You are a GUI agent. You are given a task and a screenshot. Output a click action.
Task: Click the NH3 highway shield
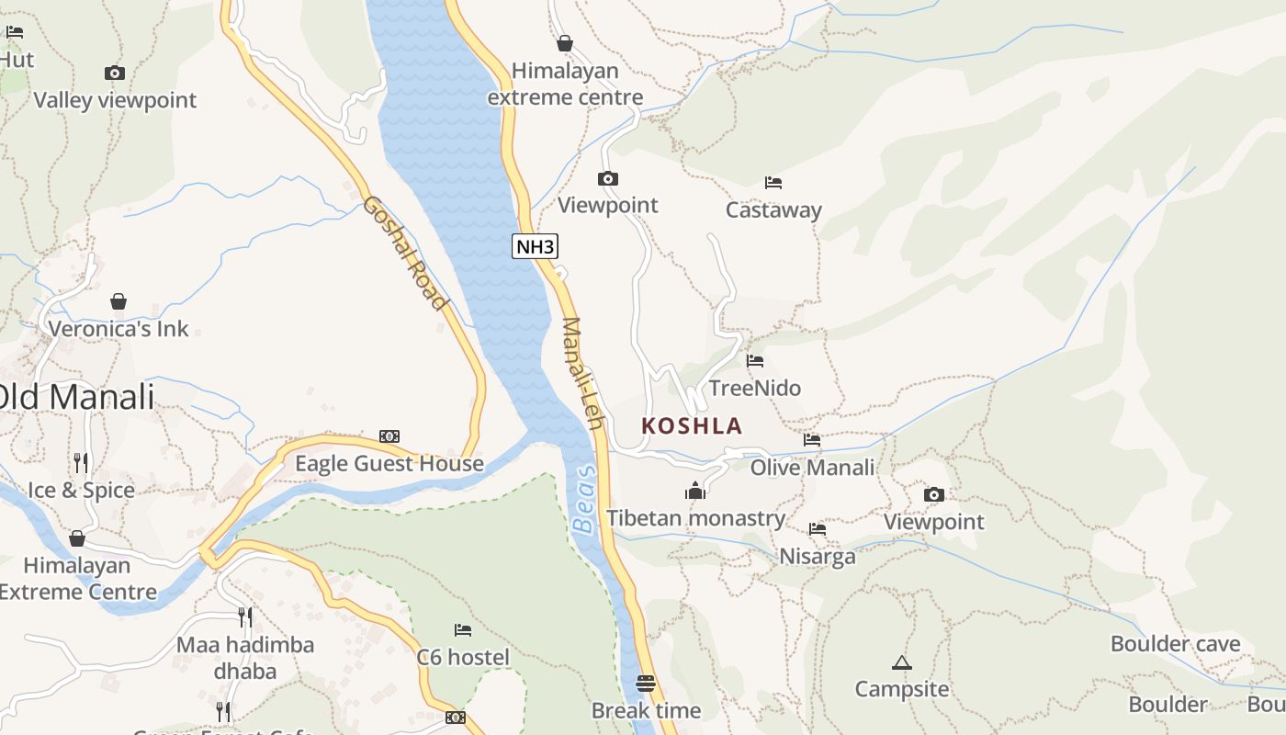pos(536,246)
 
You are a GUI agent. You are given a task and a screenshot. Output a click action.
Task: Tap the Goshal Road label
pos(404,253)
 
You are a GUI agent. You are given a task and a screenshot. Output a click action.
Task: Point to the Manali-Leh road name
pos(582,373)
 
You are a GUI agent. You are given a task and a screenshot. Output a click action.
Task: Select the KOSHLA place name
pos(692,426)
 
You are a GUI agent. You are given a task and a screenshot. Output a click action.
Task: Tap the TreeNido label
pos(755,388)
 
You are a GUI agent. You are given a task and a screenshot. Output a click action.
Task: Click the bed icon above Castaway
pos(773,183)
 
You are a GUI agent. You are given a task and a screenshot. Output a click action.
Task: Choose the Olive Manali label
pos(812,468)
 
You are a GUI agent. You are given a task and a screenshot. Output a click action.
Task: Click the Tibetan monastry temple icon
pos(695,492)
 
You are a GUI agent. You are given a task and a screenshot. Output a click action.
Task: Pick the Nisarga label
pos(817,557)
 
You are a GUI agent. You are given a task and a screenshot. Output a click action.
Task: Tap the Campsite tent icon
pos(902,662)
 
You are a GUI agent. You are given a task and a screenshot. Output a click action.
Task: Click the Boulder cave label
pos(1175,644)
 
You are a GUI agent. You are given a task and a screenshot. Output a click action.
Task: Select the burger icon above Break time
pos(646,684)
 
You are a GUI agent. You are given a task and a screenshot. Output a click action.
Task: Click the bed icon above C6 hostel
pos(463,630)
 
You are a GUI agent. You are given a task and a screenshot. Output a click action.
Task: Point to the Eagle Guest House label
pos(389,464)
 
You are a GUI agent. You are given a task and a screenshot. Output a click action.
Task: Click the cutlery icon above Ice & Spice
pos(81,462)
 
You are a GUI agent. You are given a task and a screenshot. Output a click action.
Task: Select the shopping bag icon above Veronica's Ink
pos(118,301)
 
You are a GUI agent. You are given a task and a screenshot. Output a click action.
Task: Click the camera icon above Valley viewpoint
pos(115,73)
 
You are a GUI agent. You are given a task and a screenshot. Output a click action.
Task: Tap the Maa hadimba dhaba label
pos(245,658)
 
